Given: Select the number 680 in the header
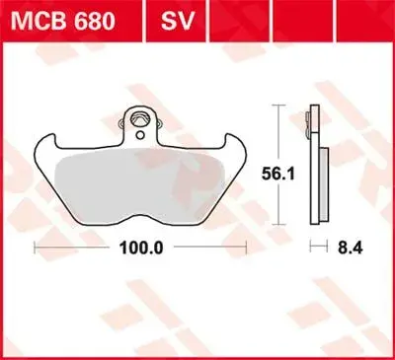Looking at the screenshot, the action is click(x=95, y=22).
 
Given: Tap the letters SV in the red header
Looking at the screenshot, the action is click(x=178, y=22).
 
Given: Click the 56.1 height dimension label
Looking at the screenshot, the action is click(x=278, y=175).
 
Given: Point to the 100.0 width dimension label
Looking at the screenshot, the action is click(x=141, y=248).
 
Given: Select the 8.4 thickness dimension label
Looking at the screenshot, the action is click(x=351, y=248).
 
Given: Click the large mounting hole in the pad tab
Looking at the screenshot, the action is click(x=140, y=119).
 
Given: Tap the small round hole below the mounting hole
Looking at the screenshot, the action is click(x=140, y=134).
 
